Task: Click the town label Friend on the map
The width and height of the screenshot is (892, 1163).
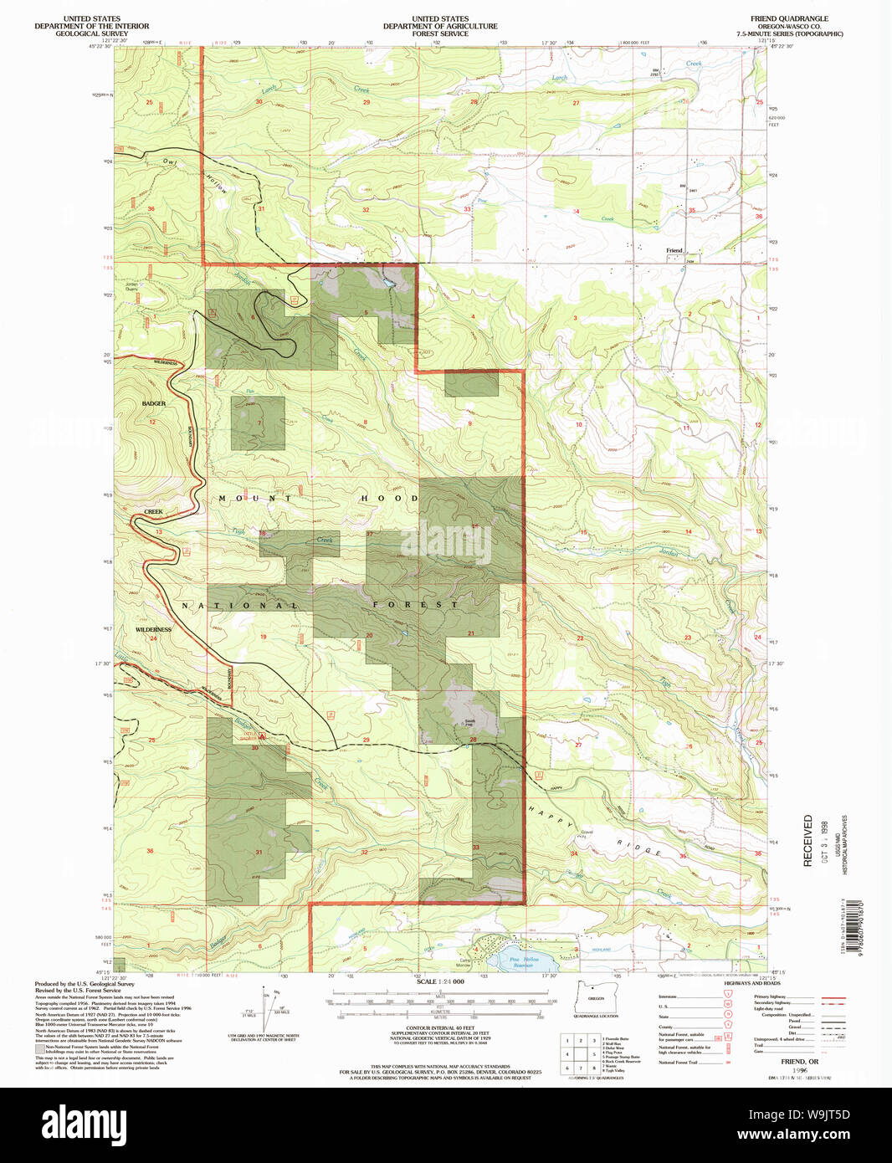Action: pos(674,250)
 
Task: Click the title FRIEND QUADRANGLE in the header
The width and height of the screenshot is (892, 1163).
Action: pos(789,18)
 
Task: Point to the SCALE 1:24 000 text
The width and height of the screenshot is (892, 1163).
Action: pos(438,981)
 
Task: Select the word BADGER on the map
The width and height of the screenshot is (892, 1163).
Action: pos(154,403)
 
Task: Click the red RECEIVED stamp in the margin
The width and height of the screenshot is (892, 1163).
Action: pos(808,840)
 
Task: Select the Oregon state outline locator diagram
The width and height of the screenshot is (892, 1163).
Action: pos(594,997)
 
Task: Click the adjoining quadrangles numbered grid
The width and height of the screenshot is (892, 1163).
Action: pos(580,1053)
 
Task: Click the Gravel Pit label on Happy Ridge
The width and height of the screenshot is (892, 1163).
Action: pos(587,833)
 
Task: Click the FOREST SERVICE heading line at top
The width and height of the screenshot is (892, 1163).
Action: pos(440,33)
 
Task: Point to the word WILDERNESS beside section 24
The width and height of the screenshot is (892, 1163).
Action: pos(153,629)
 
